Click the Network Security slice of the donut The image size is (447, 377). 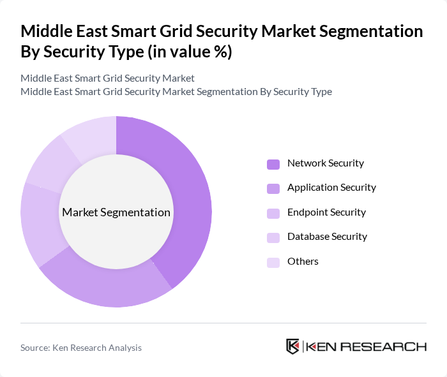(188, 191)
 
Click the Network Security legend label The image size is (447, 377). (325, 163)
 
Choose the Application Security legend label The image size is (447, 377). (331, 188)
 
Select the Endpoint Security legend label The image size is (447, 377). (326, 212)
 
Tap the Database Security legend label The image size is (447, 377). (327, 237)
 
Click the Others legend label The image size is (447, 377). (303, 262)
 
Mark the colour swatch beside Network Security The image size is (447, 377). (273, 164)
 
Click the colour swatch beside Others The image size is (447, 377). (273, 262)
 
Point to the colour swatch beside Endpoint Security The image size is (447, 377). (273, 213)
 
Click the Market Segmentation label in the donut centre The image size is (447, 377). (116, 212)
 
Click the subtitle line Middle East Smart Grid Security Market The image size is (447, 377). (107, 78)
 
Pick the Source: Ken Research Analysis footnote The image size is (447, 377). (81, 348)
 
